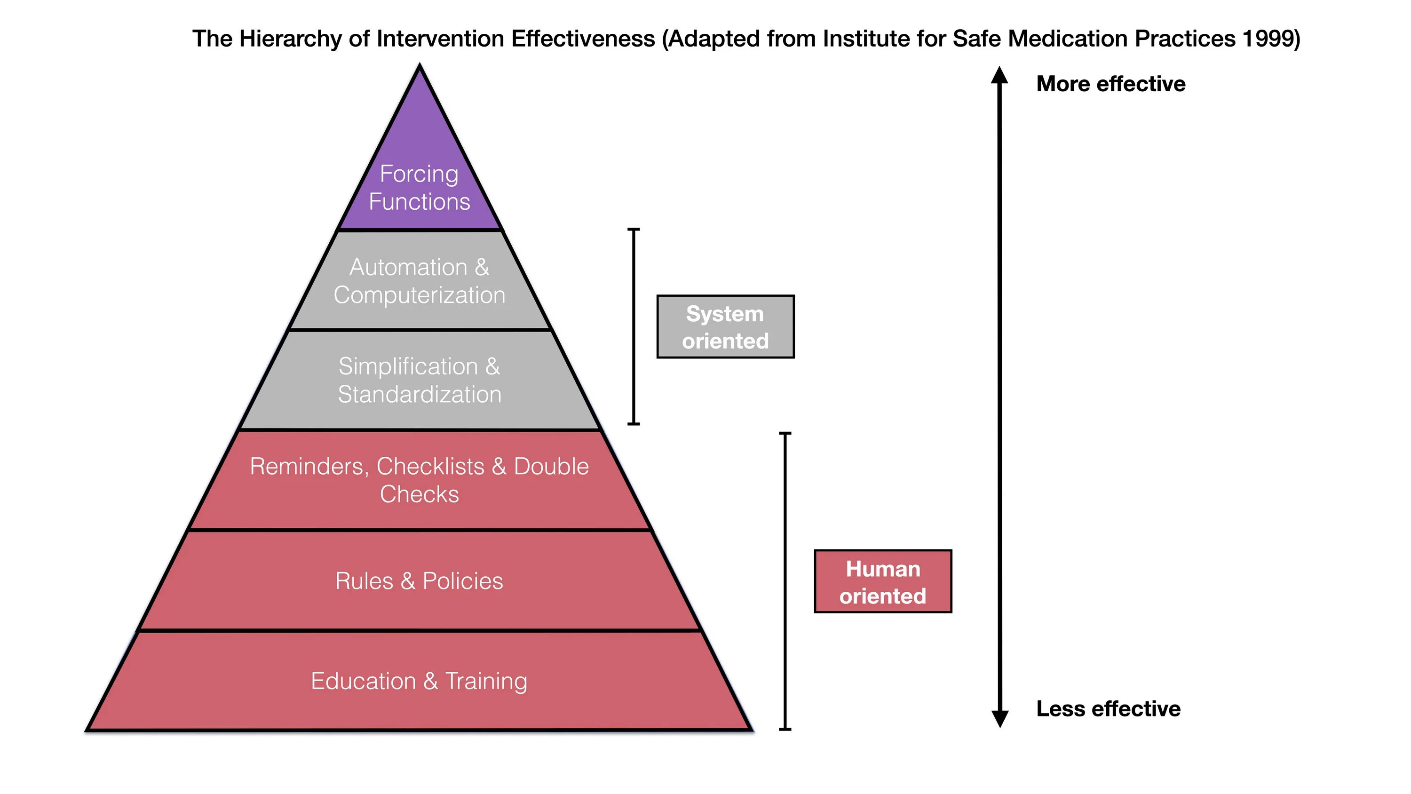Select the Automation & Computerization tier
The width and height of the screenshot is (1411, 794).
coord(420,280)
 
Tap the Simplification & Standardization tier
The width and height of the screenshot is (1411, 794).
coord(420,380)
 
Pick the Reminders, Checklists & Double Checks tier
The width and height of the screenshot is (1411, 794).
coord(420,480)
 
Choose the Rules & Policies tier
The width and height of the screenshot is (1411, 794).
coord(420,581)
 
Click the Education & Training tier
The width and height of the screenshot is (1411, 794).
coord(420,681)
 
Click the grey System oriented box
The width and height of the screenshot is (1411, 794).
coord(725,326)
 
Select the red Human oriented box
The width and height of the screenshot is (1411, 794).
coord(883,581)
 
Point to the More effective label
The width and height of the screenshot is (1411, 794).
coord(1111,84)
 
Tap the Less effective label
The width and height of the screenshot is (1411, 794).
coord(1108,709)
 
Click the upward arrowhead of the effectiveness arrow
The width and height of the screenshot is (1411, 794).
coord(999,76)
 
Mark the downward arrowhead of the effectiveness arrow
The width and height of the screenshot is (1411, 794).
coord(999,718)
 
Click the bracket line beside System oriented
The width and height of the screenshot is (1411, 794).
coord(634,326)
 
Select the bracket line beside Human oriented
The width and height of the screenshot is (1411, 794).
coord(785,581)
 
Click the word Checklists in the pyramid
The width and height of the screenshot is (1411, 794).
coord(430,466)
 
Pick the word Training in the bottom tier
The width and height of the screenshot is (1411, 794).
coord(486,681)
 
